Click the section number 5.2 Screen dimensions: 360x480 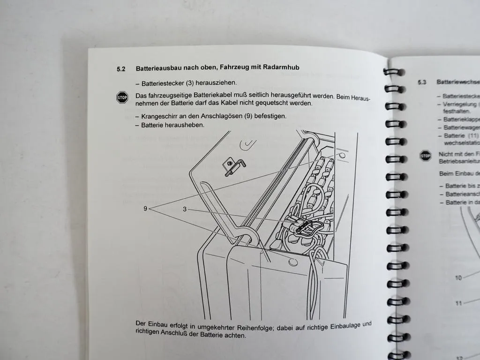121,69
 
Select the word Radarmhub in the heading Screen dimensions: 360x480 282,67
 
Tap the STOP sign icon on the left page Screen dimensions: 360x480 122,97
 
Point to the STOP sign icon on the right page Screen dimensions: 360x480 425,156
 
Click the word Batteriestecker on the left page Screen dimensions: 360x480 163,83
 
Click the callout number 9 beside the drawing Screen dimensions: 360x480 145,209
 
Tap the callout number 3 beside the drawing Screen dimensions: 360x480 185,210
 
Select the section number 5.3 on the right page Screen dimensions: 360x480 421,82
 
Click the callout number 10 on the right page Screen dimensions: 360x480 458,278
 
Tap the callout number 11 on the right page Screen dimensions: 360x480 458,303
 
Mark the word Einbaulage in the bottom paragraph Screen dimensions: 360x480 337,325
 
